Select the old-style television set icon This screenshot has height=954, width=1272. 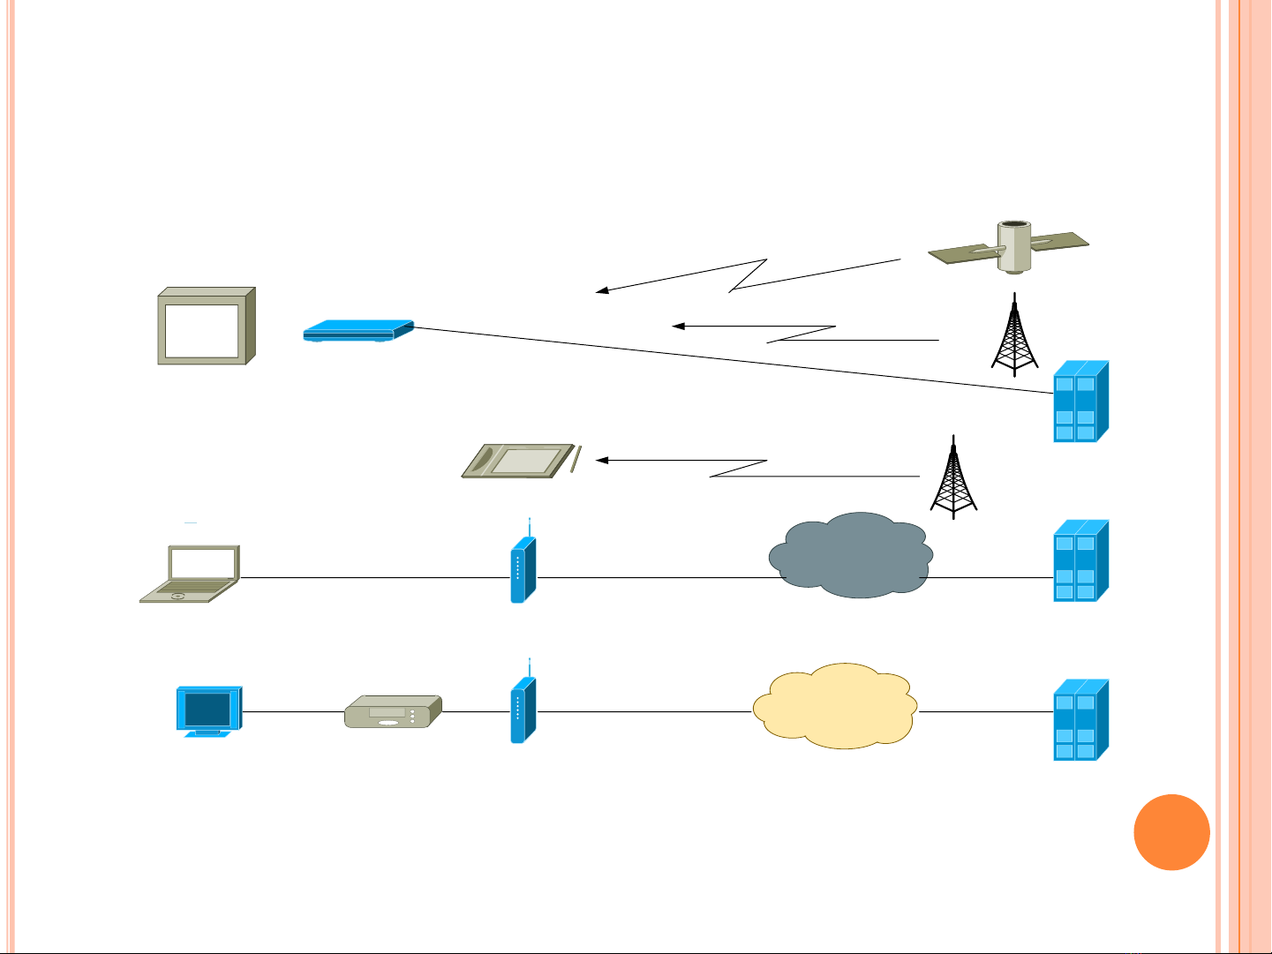click(207, 326)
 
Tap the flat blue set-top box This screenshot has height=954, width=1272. click(358, 330)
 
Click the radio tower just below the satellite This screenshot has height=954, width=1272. click(1016, 335)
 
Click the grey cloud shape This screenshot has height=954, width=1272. click(850, 555)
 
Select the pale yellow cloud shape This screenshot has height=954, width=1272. click(835, 706)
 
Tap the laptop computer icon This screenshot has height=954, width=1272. click(191, 575)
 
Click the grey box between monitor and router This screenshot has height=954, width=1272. click(392, 711)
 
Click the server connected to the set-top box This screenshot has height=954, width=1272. click(1080, 402)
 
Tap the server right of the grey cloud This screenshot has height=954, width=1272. click(1080, 561)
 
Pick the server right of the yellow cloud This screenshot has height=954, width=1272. click(1080, 720)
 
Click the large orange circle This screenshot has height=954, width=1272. click(1171, 832)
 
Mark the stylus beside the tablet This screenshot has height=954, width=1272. click(575, 460)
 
